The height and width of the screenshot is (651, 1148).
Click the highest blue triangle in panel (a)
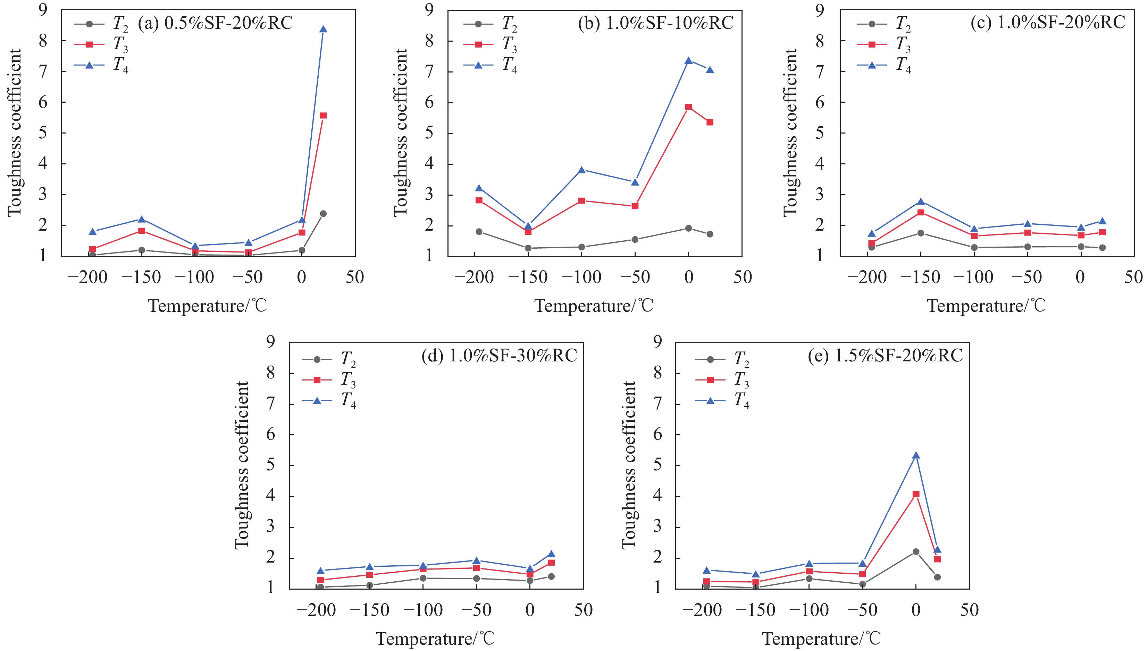(x=323, y=29)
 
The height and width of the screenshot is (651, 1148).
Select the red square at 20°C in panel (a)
(x=323, y=115)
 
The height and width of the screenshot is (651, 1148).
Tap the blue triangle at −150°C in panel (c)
(x=921, y=202)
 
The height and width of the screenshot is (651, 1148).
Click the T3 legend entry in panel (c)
(x=883, y=44)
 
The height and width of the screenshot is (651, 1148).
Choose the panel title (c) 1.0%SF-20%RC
(x=1048, y=22)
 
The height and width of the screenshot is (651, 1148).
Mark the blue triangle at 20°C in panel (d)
(x=551, y=554)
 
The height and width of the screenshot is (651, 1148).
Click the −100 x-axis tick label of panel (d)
(x=423, y=610)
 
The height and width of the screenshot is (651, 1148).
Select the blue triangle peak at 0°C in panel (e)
(x=916, y=456)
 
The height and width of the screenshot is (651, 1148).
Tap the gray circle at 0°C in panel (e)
(x=916, y=551)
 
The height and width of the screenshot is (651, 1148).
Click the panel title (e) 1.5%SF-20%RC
(x=885, y=356)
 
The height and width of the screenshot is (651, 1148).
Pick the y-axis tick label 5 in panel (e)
(x=657, y=465)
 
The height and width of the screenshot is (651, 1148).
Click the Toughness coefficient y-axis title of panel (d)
(x=242, y=465)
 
